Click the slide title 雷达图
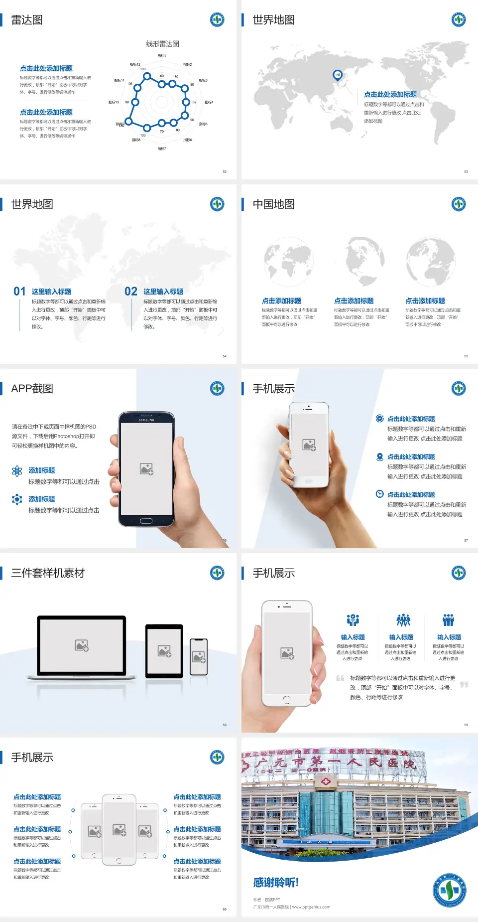(27, 20)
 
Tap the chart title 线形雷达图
(162, 44)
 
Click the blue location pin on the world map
(338, 75)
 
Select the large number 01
(19, 292)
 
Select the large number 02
(131, 292)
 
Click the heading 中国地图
(273, 204)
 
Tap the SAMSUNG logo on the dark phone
(146, 420)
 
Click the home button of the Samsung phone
(146, 521)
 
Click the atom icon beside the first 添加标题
(17, 471)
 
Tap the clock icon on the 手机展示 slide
(379, 494)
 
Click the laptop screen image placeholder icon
(82, 645)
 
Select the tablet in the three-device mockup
(164, 650)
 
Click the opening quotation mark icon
(340, 678)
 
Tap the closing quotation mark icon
(464, 685)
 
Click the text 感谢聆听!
(276, 883)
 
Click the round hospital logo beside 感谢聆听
(449, 890)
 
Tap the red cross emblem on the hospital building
(326, 781)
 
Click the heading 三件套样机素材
(48, 573)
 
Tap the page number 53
(466, 171)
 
